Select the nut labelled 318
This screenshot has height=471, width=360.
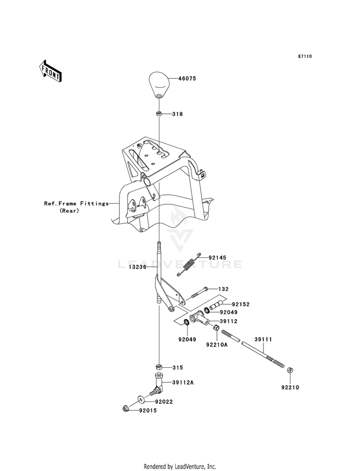click(x=159, y=114)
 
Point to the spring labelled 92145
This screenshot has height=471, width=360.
click(x=188, y=264)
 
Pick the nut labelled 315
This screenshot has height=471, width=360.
click(x=159, y=367)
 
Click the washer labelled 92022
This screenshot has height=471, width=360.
click(x=141, y=399)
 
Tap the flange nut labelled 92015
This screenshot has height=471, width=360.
click(x=125, y=409)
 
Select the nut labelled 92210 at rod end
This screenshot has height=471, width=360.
click(x=290, y=370)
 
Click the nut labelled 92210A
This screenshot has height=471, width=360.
click(x=216, y=328)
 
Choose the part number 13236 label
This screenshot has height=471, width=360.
click(x=137, y=267)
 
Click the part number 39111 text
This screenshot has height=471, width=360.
click(x=264, y=339)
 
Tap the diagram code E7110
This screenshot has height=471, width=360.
click(x=305, y=56)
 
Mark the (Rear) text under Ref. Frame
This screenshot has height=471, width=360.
click(x=69, y=211)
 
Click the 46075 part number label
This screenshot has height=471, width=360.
click(x=187, y=79)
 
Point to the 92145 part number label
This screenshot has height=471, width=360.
click(x=218, y=258)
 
